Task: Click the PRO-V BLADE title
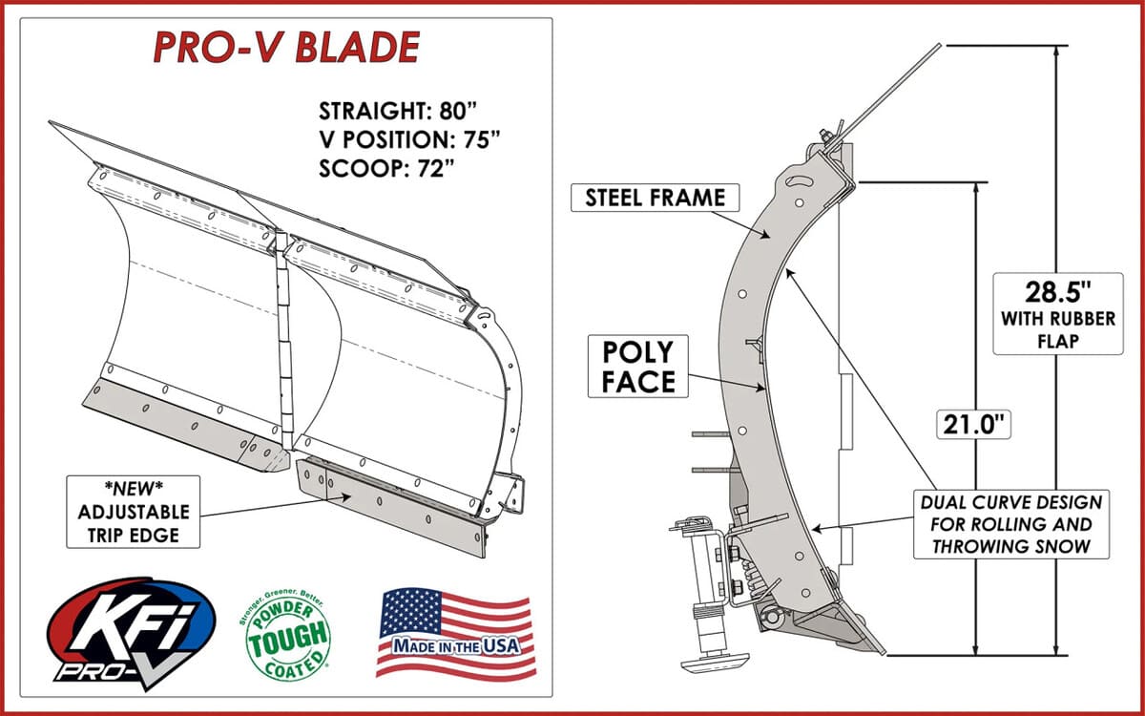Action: click(x=285, y=47)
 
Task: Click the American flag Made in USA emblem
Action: click(x=453, y=633)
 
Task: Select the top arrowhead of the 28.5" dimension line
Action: click(x=1056, y=51)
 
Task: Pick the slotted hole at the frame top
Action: click(x=800, y=181)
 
